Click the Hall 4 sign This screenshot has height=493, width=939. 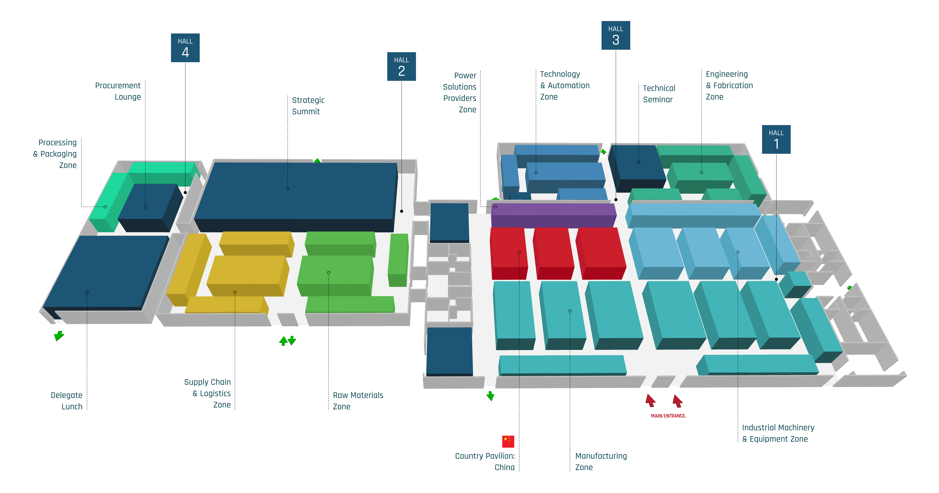pos(185,48)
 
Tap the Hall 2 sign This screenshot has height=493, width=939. pos(401,66)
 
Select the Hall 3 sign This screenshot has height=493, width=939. pos(616,35)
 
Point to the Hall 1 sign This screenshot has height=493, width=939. pos(776,139)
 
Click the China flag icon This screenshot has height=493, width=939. pos(508,441)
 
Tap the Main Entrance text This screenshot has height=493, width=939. pos(668,416)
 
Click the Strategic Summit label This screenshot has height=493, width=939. pos(308,106)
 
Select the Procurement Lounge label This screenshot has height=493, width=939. pos(118,91)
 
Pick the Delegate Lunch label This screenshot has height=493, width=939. pos(67,401)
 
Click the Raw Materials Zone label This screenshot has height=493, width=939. pos(358,401)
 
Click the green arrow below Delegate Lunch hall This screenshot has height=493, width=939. pos(59,335)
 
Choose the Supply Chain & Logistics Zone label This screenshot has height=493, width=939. pos(207,393)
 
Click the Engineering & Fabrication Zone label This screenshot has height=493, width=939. pos(729,85)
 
